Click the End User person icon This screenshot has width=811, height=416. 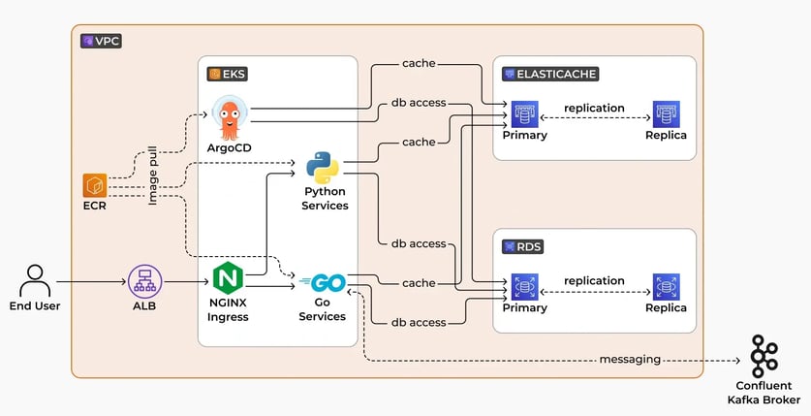point(36,280)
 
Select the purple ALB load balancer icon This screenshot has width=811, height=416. point(144,281)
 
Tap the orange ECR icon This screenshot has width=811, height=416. point(95,185)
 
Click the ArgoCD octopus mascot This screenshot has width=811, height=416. point(230,119)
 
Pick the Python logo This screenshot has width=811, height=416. point(323,167)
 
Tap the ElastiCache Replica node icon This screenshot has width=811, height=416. point(665,112)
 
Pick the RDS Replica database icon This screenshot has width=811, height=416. point(665,286)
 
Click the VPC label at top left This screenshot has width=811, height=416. point(102,41)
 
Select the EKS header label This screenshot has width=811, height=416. point(228,73)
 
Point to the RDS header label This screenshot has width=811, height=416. point(523,247)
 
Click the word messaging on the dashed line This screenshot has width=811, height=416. point(630,359)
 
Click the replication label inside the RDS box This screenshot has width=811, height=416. point(594,280)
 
